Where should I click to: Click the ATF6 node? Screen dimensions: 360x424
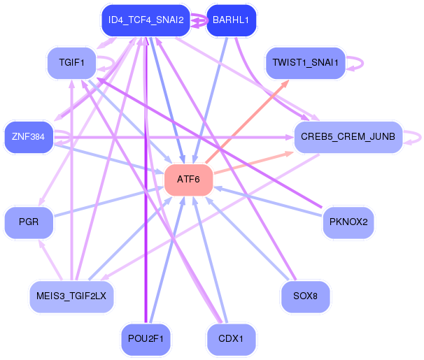pos(188,180)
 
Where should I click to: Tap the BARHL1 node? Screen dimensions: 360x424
pos(231,20)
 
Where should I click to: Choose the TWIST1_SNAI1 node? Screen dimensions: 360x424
pos(305,63)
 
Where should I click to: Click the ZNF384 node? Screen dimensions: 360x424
pos(28,136)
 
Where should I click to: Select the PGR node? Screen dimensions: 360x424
pos(29,222)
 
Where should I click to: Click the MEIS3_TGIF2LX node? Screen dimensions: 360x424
pos(71,296)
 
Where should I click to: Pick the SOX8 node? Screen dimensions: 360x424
pos(305,296)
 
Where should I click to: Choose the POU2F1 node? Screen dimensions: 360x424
pos(146,339)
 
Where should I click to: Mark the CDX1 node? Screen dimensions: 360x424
pos(231,339)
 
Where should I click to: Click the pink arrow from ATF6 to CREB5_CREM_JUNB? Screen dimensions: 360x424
pos(252,160)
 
